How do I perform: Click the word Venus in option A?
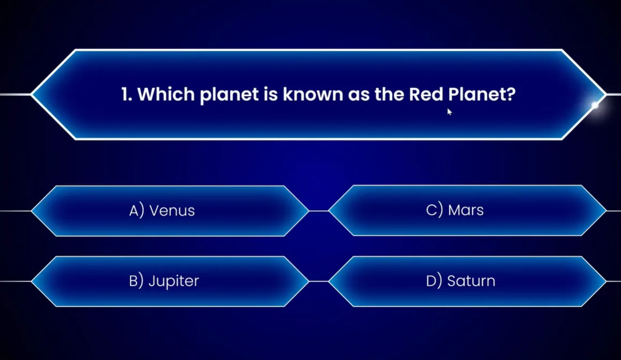pos(172,211)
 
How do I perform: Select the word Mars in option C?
pos(466,210)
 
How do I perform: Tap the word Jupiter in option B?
pos(174,281)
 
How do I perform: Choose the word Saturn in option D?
pos(471,281)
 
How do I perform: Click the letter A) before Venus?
pos(137,211)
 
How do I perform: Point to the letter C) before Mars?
pos(435,210)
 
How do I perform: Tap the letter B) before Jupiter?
pos(136,281)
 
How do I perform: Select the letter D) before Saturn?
pos(434,281)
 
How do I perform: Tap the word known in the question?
pos(313,94)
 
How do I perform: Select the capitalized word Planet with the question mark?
pos(482,94)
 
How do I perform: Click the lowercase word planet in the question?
pos(229,95)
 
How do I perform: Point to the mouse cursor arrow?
pos(449,111)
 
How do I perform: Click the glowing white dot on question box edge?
pos(595,105)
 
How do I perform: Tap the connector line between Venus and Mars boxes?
pos(319,211)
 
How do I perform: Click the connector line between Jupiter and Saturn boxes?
pos(319,282)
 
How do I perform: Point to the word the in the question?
pos(389,94)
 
